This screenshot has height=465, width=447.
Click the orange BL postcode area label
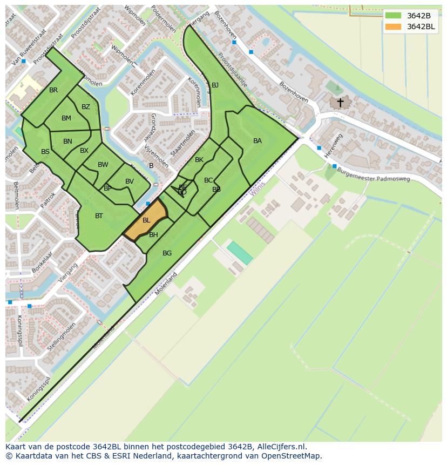click(146, 220)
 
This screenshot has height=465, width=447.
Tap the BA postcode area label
click(258, 141)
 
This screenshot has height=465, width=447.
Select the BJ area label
click(215, 85)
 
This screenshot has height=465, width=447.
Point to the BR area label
click(53, 90)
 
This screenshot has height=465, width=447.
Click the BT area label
click(99, 216)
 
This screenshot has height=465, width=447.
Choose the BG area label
click(167, 253)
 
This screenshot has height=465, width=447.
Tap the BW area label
click(103, 165)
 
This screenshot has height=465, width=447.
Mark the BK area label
click(199, 160)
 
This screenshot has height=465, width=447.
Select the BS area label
click(45, 152)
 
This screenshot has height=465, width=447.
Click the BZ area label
click(86, 107)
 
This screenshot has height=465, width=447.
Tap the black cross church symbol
click(340, 102)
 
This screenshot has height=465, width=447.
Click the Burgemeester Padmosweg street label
click(373, 174)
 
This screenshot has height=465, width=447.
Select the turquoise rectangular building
click(239, 253)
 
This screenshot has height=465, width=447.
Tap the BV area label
click(130, 181)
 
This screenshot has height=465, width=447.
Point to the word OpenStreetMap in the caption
click(294, 456)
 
